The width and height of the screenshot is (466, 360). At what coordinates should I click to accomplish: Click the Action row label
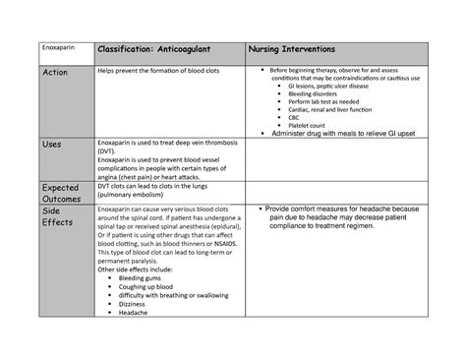coord(56,74)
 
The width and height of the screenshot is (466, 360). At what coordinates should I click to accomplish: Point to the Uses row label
coord(51,145)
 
